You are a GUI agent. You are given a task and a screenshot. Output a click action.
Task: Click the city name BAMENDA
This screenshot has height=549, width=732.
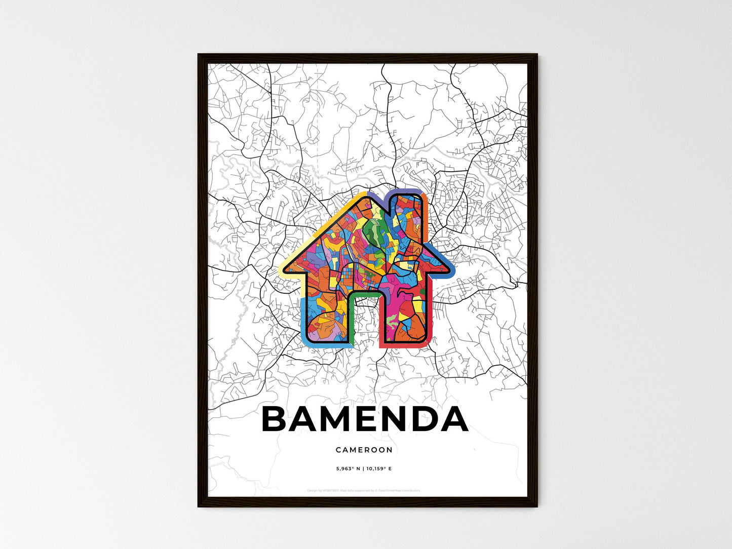coord(364,419)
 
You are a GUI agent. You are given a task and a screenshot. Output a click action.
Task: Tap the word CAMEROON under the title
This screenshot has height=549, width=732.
coord(364,450)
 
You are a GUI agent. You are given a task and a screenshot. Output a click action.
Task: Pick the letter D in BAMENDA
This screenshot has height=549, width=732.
coord(422,420)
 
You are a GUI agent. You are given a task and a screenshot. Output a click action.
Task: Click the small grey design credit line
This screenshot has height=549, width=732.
coord(364,491)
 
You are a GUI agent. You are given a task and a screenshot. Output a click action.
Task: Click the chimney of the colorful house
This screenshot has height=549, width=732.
coord(409,213)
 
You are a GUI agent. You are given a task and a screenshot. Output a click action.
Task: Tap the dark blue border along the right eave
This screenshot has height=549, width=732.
coord(448,263)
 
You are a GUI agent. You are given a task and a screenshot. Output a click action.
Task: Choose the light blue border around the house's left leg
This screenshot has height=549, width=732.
coord(304,324)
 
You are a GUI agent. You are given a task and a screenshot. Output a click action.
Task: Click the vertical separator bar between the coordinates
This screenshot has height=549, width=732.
coord(363,469)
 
